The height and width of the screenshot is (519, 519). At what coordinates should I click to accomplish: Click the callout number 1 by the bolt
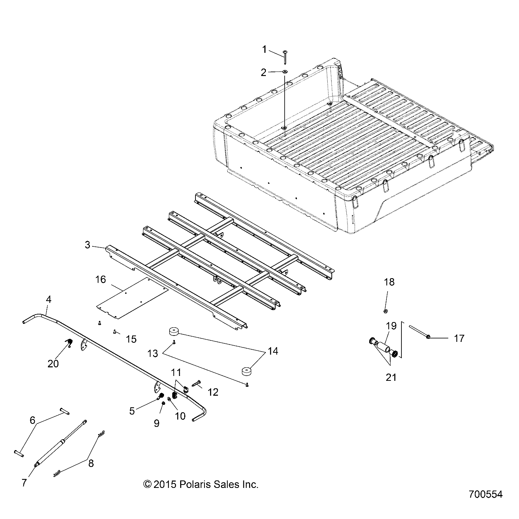coord(264,49)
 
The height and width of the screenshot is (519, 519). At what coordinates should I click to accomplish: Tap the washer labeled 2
coord(285,72)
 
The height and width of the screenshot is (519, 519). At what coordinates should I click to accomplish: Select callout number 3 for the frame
coord(88,245)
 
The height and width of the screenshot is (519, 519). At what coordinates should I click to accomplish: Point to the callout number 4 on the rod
coord(49,300)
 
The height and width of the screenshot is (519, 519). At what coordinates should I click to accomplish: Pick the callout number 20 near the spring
coord(53,363)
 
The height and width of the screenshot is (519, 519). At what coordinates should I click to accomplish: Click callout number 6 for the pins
coord(33,421)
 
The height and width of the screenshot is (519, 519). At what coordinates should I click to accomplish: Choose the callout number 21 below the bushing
coord(391,377)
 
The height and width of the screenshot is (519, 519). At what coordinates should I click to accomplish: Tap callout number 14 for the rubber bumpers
coord(273,351)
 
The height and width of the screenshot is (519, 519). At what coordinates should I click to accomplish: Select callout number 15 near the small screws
coord(131,339)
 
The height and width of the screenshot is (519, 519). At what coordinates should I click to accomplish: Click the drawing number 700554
coord(485,494)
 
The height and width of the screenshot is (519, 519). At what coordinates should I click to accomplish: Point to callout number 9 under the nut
coord(157,423)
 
